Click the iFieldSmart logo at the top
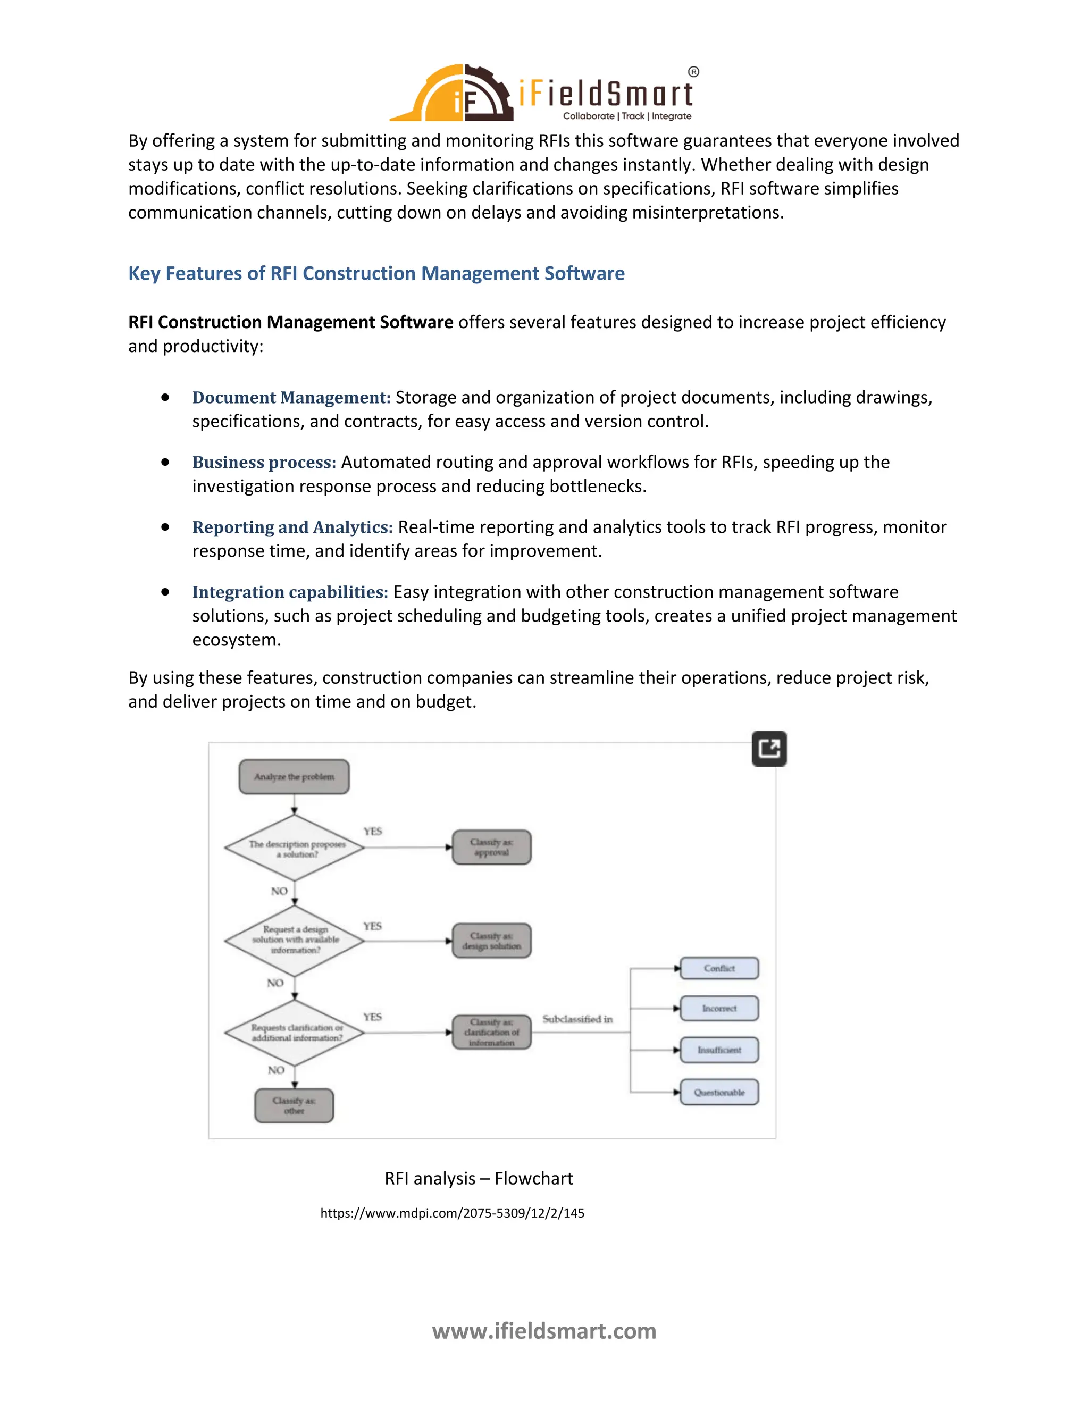(x=544, y=93)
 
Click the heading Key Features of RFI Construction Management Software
(x=376, y=273)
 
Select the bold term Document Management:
(x=291, y=397)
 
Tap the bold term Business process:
(x=264, y=462)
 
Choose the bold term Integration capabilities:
(x=290, y=592)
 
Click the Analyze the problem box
(x=294, y=777)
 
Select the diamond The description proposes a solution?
(x=295, y=849)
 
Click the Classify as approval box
(x=492, y=847)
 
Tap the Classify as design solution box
(x=492, y=941)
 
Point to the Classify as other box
(x=294, y=1106)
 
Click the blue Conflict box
(x=719, y=968)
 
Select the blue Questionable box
(x=719, y=1092)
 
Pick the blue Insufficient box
(x=719, y=1050)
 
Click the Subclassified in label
(x=577, y=1019)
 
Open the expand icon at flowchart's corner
(x=769, y=749)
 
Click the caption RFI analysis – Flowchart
(x=478, y=1179)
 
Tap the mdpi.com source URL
(x=453, y=1213)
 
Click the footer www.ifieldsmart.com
(x=544, y=1330)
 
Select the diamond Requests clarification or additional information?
(x=295, y=1032)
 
